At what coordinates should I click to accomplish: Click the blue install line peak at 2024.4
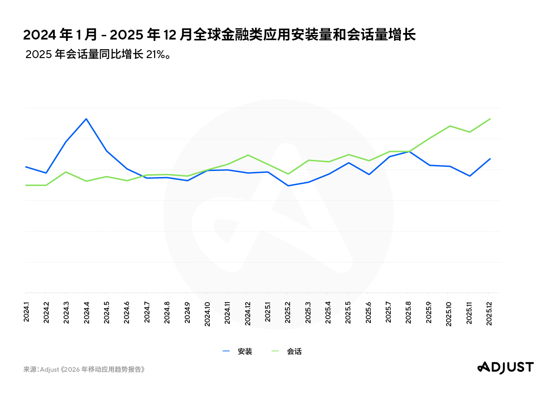point(86,119)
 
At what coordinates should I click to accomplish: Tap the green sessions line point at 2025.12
point(490,119)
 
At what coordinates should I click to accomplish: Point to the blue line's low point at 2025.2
point(288,186)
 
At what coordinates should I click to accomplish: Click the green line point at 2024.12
point(248,155)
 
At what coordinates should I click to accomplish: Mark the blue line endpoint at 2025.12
point(490,159)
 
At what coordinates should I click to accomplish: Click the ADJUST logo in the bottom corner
point(505,367)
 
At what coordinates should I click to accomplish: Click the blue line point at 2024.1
point(26,167)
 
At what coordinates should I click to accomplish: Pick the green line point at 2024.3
point(66,172)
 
